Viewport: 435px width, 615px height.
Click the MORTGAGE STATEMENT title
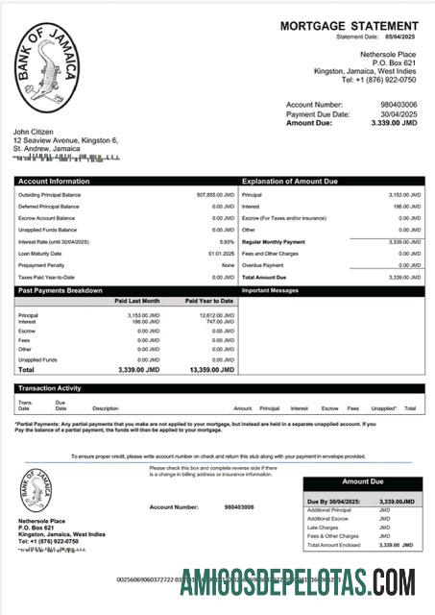coord(349,26)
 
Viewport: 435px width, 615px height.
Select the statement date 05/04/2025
coord(401,37)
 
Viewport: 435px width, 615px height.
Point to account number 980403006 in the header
coord(398,104)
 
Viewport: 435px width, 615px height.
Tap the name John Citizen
coord(35,131)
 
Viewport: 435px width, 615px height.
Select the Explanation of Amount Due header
coord(292,181)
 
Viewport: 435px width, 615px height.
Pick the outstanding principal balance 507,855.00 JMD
coord(215,195)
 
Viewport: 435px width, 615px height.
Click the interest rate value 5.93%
coord(227,241)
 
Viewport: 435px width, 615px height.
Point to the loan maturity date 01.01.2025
coord(222,253)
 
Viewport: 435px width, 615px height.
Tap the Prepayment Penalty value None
coord(228,264)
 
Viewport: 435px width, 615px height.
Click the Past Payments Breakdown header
coord(60,289)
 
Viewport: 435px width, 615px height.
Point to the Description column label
coord(106,408)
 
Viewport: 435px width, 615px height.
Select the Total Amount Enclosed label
coord(333,545)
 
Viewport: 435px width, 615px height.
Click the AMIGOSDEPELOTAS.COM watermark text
coord(297,581)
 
